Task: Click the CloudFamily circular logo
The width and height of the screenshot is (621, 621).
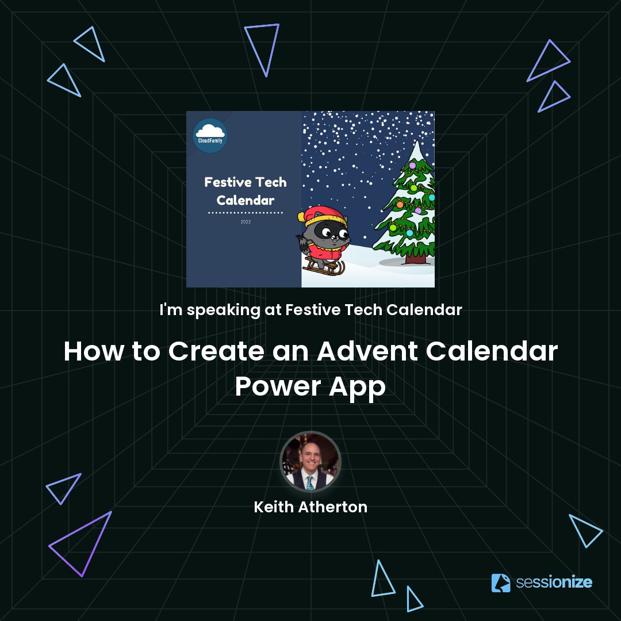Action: coord(210,136)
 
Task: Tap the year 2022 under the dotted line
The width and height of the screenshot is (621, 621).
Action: coord(246,221)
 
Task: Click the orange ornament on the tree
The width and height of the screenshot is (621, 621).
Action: coord(400,205)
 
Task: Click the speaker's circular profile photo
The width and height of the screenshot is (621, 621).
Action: coord(310,462)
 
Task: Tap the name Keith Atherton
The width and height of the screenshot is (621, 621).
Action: coord(310,507)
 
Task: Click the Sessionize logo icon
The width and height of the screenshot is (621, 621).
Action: coord(501,582)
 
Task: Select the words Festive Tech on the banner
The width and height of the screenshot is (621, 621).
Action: coord(246,183)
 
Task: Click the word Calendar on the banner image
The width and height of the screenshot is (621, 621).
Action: coord(246,201)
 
